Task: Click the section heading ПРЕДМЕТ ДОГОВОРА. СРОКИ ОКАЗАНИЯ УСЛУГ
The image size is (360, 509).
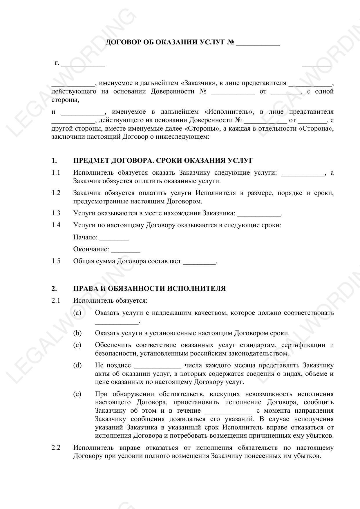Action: tap(163, 161)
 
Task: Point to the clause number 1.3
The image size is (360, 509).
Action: tap(56, 213)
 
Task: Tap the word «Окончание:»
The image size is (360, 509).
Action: tap(91, 249)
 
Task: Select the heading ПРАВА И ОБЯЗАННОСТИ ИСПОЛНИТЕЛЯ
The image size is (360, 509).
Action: tap(149, 289)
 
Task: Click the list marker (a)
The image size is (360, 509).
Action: tap(77, 313)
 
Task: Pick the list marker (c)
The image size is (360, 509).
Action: tap(77, 345)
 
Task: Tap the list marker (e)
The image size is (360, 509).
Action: tap(77, 394)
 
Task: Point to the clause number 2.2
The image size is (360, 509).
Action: tap(56, 447)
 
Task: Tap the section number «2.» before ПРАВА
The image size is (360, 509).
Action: tap(54, 289)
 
